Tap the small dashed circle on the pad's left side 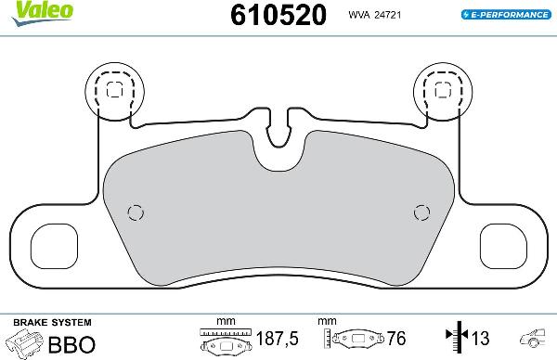pos(136,211)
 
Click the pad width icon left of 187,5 pos(226,342)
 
